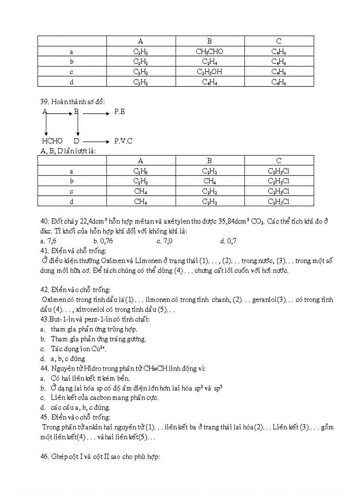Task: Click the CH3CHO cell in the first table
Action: (210, 52)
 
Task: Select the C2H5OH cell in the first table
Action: (210, 71)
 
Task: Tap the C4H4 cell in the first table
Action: (210, 82)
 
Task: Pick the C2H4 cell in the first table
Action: (210, 62)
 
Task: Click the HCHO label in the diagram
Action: (52, 141)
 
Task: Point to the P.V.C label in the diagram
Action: (123, 141)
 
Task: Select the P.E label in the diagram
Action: (120, 112)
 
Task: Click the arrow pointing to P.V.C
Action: (96, 141)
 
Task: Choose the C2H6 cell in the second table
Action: (140, 171)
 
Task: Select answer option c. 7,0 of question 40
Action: (165, 241)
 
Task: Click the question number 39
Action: (44, 102)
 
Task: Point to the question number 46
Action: (44, 457)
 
